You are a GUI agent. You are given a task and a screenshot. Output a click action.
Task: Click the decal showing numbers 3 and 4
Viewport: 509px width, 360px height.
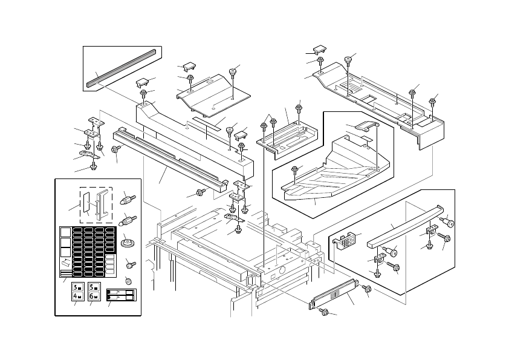coord(77,292)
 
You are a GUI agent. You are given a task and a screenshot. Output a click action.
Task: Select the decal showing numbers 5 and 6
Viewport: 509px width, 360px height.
coord(94,292)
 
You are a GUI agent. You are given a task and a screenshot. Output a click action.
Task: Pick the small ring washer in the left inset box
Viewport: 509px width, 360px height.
coord(128,280)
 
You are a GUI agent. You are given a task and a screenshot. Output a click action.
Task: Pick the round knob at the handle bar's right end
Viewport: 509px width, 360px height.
coord(448,221)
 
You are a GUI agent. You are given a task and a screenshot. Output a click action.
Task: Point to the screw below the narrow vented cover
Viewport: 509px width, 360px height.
coord(324,312)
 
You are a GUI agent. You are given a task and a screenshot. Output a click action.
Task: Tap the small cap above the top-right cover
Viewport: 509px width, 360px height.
coord(319,49)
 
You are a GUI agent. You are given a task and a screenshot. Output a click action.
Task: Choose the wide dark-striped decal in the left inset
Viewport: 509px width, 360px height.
coord(122,295)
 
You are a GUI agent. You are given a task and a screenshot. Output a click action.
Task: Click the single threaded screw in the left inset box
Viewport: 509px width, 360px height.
coord(130,264)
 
